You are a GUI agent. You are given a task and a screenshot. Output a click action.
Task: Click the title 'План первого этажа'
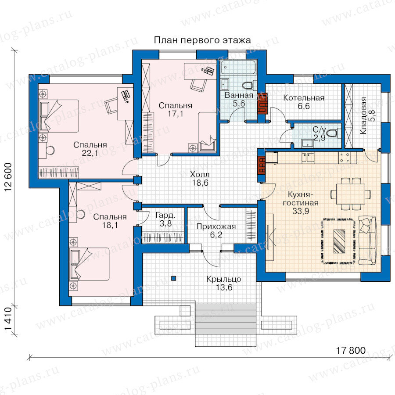202,40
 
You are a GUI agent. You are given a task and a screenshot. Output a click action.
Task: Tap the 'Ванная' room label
239,95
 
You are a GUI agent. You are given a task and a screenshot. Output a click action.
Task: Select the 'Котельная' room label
304,98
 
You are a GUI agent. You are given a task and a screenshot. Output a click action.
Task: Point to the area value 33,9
301,211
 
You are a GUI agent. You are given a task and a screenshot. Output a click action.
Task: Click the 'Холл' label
200,174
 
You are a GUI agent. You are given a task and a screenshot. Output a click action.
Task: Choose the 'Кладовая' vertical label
363,115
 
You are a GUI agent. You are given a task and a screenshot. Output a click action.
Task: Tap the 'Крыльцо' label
224,279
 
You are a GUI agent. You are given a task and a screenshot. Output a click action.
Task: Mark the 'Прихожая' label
216,226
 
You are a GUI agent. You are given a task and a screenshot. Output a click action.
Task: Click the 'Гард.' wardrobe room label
165,215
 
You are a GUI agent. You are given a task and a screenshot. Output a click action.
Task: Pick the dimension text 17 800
351,350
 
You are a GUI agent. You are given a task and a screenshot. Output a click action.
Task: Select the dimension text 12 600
8,177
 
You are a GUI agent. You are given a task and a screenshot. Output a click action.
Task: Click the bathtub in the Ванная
238,67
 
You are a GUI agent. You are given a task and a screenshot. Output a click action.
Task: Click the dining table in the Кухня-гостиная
350,194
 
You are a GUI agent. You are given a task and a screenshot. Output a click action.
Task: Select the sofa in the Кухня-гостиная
367,240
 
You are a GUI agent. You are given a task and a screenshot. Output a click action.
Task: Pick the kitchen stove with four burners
345,157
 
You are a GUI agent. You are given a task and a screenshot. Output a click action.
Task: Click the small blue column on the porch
173,278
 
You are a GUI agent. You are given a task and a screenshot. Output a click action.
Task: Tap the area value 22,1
90,153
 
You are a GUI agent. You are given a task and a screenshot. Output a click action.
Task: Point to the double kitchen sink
308,158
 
